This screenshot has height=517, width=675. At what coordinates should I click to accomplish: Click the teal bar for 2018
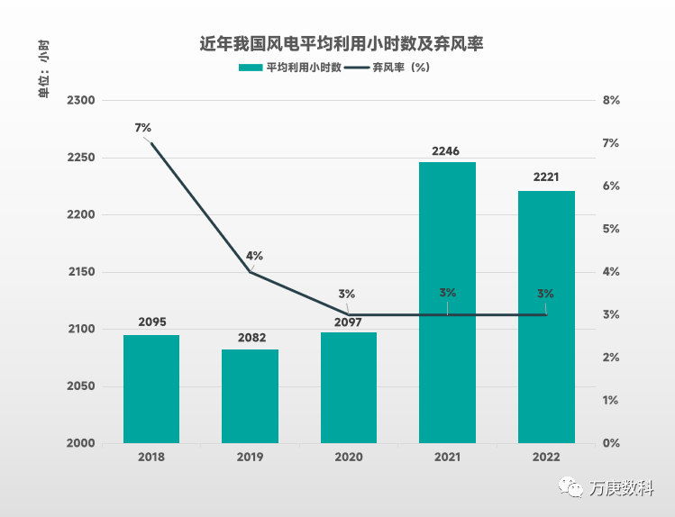(x=151, y=389)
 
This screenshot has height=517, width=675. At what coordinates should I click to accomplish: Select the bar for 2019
(x=250, y=396)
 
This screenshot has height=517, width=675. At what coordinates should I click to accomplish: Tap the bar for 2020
(x=349, y=388)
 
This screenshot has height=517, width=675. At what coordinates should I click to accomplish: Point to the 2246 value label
(x=447, y=151)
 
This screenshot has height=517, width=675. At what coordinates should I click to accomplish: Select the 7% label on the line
(x=142, y=128)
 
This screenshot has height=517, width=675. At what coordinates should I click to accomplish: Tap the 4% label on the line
(x=255, y=255)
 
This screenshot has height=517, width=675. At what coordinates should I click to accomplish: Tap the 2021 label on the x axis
(x=447, y=458)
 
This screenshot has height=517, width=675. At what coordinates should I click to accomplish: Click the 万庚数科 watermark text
(x=621, y=487)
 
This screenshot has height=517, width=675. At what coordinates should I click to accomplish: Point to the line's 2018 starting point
(x=151, y=143)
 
